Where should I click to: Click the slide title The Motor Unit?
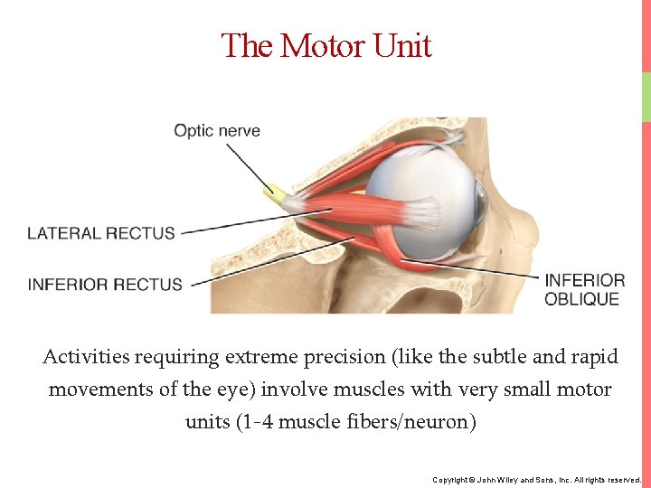click(326, 45)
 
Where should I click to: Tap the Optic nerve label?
click(217, 131)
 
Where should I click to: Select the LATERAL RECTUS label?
click(101, 233)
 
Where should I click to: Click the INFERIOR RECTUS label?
click(105, 285)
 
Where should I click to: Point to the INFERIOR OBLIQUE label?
click(584, 289)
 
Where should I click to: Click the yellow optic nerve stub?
click(272, 192)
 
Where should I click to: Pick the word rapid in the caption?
click(595, 357)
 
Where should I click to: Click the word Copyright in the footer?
click(449, 479)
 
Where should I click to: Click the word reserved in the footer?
click(622, 479)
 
